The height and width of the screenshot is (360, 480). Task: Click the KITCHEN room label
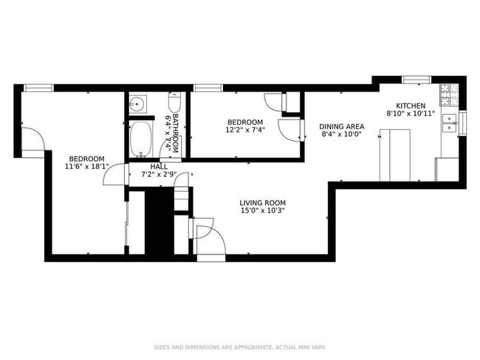tap(411, 105)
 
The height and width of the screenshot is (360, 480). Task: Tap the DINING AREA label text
tap(342, 126)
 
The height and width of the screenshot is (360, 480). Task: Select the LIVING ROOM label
tap(262, 203)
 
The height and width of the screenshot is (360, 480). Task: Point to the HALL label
tap(158, 167)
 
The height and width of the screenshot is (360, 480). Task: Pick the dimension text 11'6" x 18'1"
tap(86, 167)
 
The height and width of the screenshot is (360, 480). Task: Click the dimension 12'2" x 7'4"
tap(244, 130)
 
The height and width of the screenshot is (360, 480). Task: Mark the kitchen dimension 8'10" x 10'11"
tap(411, 114)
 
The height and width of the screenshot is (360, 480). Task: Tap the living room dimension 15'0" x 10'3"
tap(262, 211)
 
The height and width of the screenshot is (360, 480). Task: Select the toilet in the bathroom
tap(174, 103)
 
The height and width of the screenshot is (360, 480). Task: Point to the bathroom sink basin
tap(137, 105)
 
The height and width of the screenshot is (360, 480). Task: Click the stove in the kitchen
tap(448, 93)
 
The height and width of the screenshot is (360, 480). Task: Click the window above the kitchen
tap(416, 78)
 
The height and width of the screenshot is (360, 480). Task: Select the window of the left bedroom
tap(38, 88)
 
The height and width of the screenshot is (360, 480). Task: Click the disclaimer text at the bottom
tap(240, 347)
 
